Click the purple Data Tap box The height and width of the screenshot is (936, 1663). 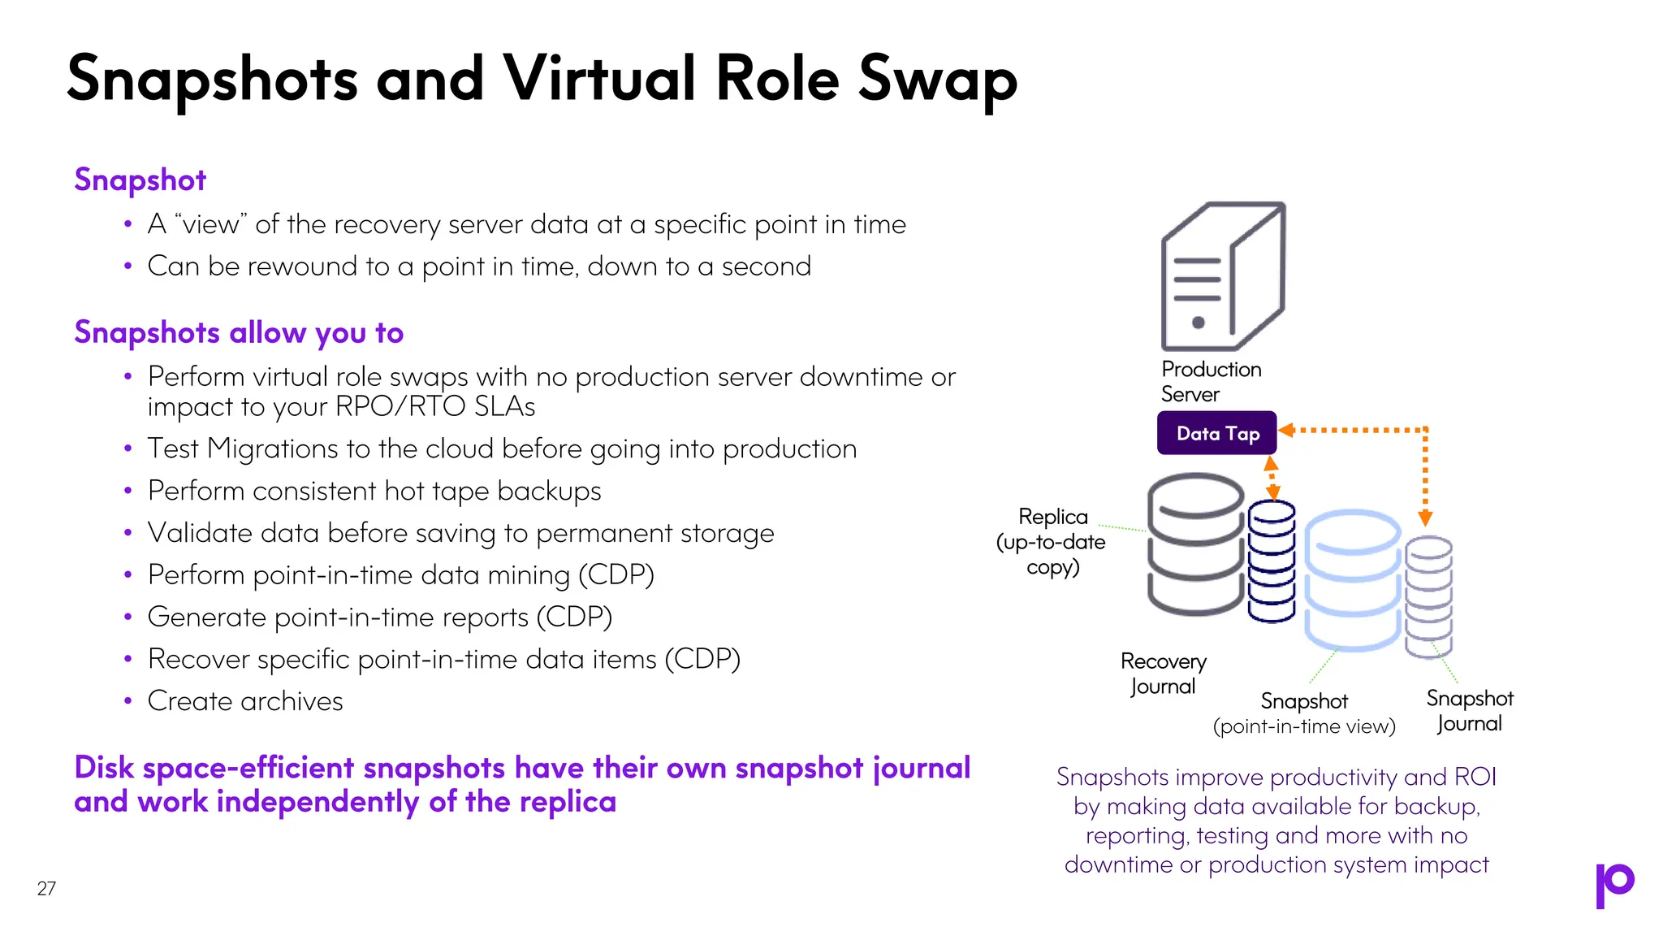tap(1216, 433)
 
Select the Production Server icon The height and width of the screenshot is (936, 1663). tap(1223, 276)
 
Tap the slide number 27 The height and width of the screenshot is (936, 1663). tap(46, 888)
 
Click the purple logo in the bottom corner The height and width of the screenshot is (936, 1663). tap(1614, 885)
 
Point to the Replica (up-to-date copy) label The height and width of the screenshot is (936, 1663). tap(1052, 541)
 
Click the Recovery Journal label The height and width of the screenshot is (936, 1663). tap(1163, 674)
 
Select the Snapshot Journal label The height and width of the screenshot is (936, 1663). tap(1470, 711)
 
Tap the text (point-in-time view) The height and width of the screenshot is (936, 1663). tap(1304, 726)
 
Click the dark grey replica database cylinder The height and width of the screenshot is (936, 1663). tap(1195, 544)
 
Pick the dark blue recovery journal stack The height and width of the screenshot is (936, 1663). tap(1272, 561)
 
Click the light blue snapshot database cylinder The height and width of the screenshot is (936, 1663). tap(1352, 580)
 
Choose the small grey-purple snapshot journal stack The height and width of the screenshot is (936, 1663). tap(1428, 596)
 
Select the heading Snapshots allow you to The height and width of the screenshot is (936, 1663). tap(239, 332)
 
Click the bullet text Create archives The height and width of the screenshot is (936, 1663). tap(245, 701)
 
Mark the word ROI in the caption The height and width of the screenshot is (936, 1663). tap(1475, 777)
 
